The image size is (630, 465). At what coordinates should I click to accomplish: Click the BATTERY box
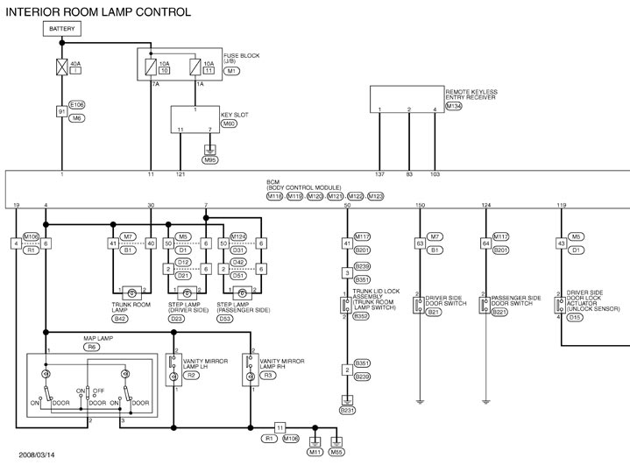click(x=62, y=29)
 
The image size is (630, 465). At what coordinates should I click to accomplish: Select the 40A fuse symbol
click(x=62, y=65)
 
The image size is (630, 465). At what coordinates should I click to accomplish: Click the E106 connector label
click(x=77, y=103)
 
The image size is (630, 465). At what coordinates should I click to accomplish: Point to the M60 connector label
click(x=230, y=123)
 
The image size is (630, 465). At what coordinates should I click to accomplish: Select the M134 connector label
click(x=454, y=106)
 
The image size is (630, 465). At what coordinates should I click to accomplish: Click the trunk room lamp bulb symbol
click(x=131, y=291)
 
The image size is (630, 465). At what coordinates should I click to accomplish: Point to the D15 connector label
click(x=575, y=317)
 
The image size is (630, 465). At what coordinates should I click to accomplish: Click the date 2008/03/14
click(x=37, y=454)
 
